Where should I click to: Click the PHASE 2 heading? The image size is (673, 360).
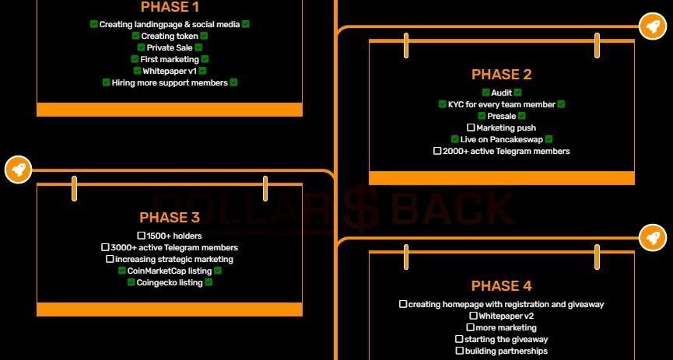click(501, 75)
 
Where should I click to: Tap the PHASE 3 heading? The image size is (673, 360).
click(170, 218)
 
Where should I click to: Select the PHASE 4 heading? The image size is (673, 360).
click(501, 286)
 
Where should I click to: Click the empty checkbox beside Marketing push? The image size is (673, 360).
click(471, 128)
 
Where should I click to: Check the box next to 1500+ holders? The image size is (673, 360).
click(141, 236)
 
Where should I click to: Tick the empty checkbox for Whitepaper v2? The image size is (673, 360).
click(473, 316)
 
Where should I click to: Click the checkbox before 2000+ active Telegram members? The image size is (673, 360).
click(437, 151)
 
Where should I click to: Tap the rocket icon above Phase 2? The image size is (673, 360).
click(653, 26)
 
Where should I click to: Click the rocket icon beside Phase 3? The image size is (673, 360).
click(19, 170)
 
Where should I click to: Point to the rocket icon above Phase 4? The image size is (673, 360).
click(653, 237)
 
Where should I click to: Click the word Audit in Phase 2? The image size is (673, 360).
click(501, 93)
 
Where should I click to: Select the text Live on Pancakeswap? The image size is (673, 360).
click(501, 139)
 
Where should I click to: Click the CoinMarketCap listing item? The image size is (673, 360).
click(170, 271)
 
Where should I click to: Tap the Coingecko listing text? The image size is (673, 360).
click(170, 283)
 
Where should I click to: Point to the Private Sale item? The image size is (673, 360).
click(170, 47)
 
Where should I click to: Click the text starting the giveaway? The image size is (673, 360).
click(506, 340)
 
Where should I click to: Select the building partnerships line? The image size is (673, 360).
click(506, 351)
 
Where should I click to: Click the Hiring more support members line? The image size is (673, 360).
click(170, 83)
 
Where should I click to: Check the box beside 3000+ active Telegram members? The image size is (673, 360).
click(105, 247)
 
